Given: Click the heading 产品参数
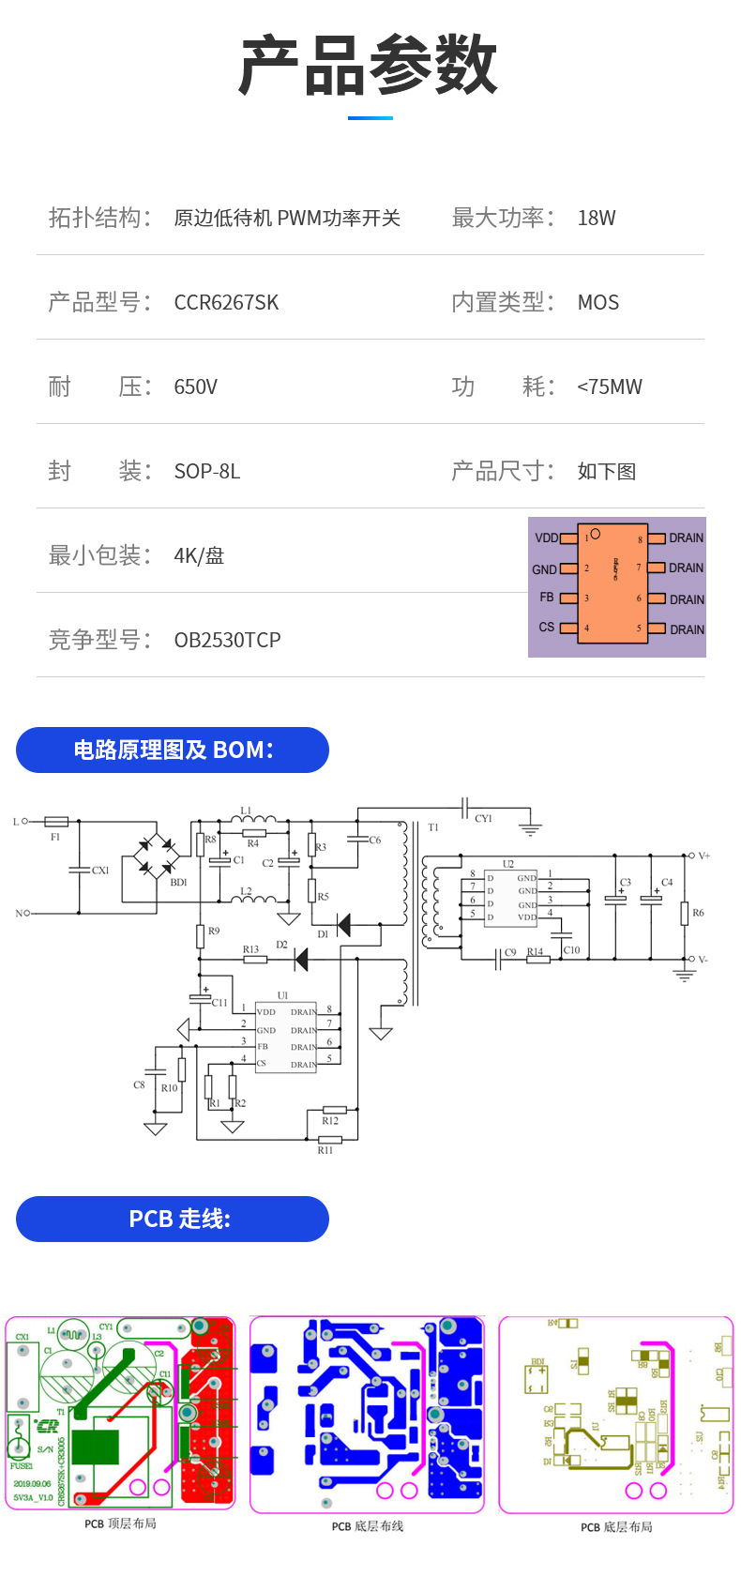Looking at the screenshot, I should click(x=369, y=66).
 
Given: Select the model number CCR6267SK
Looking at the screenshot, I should click(x=226, y=302).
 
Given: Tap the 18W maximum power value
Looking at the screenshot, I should click(x=597, y=218).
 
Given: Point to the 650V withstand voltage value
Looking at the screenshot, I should click(x=195, y=386).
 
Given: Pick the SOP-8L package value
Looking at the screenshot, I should click(x=206, y=471).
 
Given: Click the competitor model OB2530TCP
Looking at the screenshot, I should click(x=227, y=640).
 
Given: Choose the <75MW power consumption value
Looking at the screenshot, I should click(x=610, y=386).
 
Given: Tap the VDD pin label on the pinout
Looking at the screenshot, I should click(x=546, y=538).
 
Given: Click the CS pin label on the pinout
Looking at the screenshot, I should click(x=547, y=627).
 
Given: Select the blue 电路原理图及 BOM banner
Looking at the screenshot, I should click(x=173, y=750).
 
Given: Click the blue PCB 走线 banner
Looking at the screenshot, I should click(x=173, y=1220).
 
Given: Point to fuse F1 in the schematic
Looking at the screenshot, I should click(x=56, y=822).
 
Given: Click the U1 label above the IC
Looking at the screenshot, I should click(x=282, y=995).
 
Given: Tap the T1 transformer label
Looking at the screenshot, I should click(x=432, y=827).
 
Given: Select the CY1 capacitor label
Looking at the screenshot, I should click(x=483, y=819).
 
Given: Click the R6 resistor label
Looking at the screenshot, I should click(x=698, y=913).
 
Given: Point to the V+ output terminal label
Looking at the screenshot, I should click(x=704, y=856).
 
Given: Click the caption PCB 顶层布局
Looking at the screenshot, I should click(x=120, y=1523).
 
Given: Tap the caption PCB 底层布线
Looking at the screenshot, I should click(x=368, y=1526).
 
